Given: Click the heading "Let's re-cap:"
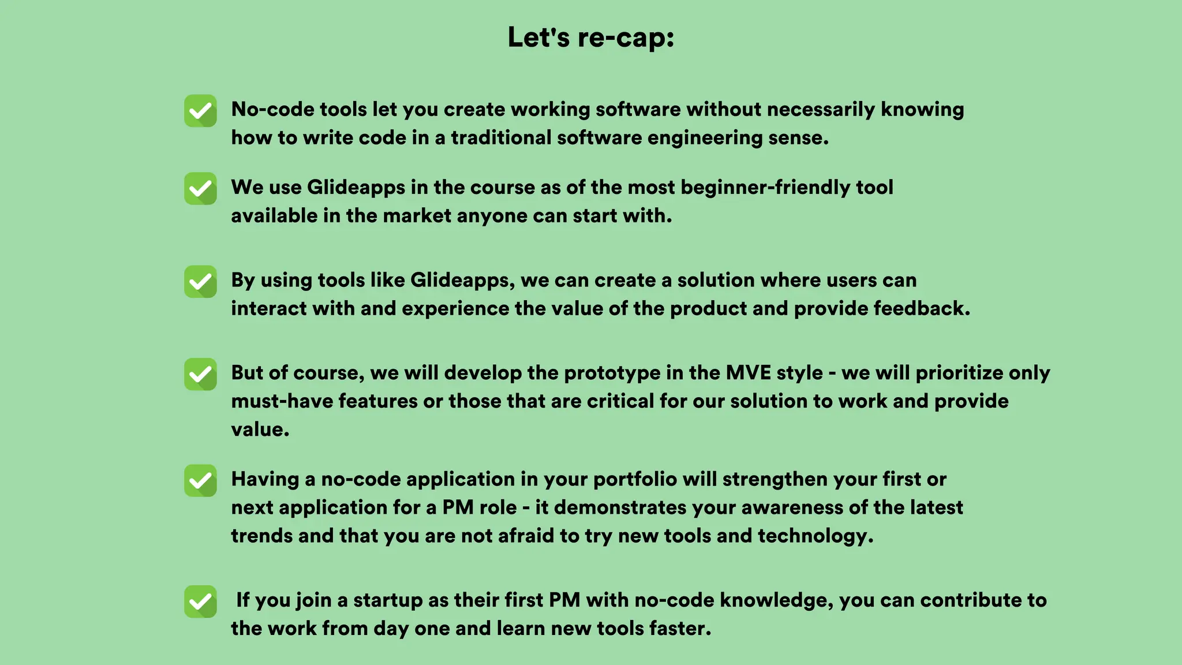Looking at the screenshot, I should (591, 38).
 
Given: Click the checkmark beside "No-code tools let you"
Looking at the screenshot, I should (200, 111).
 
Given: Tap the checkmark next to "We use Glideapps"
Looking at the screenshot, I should (200, 189).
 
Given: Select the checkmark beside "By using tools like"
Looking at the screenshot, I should (200, 282).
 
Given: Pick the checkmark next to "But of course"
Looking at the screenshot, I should (200, 374).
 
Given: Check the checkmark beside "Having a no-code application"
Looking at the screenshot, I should (200, 480).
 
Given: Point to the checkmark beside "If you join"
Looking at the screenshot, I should (200, 602).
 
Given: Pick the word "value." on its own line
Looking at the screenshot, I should (260, 429).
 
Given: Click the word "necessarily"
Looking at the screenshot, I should (821, 110).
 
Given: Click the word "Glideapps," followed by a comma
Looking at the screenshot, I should (462, 281).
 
